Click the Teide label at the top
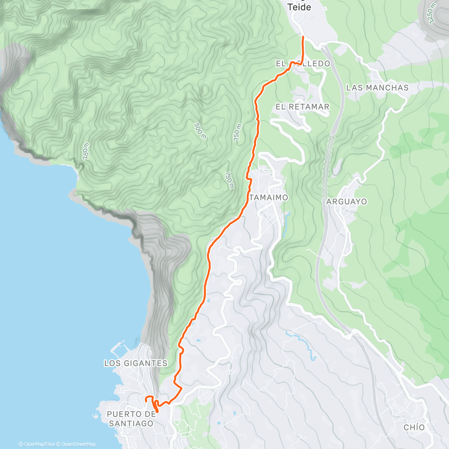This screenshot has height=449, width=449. click(x=299, y=7)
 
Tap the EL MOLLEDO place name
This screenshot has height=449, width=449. click(x=303, y=64)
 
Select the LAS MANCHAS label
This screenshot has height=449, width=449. click(x=377, y=88)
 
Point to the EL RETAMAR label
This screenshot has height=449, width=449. click(x=302, y=107)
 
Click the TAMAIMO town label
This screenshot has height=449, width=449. click(x=269, y=197)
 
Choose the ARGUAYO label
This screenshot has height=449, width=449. click(x=346, y=202)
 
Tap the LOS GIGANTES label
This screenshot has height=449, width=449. click(x=135, y=363)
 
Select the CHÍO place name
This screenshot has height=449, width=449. click(x=414, y=427)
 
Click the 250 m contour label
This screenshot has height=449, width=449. click(x=86, y=151)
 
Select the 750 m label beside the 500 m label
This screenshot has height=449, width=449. click(x=238, y=133)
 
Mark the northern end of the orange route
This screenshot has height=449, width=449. click(x=302, y=37)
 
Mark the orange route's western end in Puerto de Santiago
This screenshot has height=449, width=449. click(x=146, y=400)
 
